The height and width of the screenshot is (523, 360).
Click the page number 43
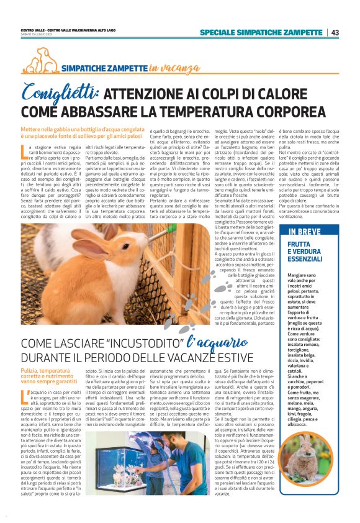335,32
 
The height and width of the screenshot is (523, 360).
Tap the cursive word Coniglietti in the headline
60,93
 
